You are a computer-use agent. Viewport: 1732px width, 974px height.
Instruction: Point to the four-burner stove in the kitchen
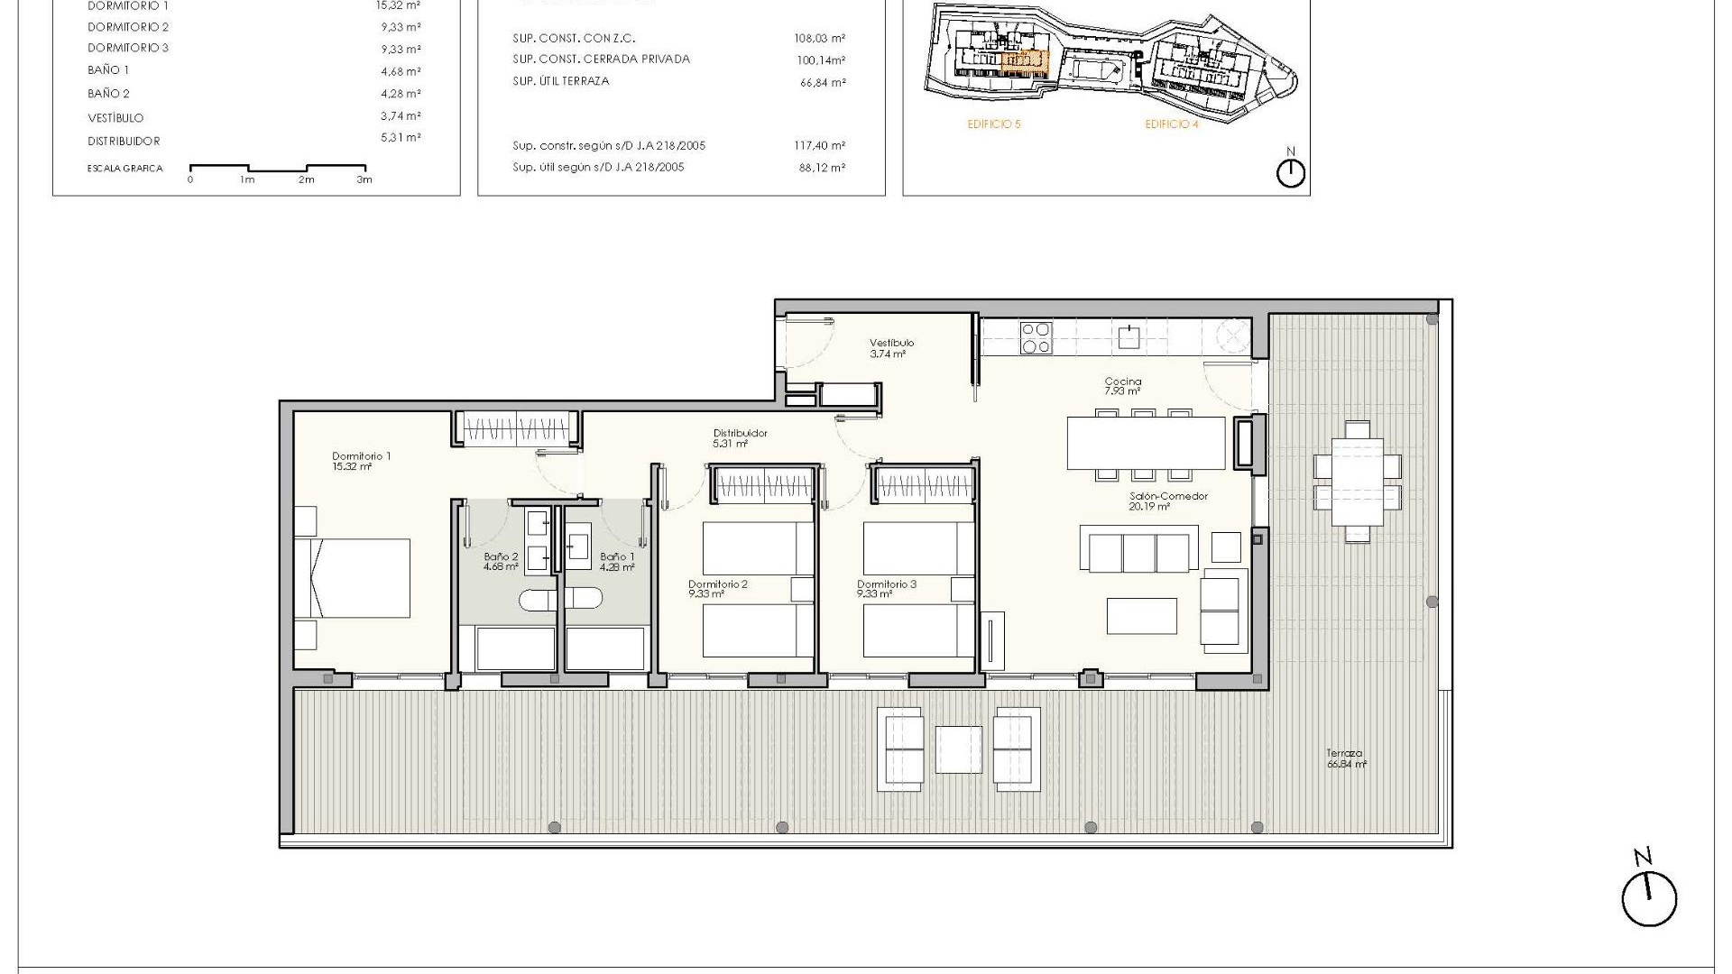click(1035, 337)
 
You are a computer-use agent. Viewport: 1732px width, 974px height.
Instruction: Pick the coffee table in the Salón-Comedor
click(1142, 616)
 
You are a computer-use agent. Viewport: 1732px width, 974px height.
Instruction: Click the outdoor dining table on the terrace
click(1357, 482)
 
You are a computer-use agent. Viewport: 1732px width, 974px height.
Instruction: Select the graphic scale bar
click(277, 169)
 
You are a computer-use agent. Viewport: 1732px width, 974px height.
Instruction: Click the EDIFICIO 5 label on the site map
click(993, 124)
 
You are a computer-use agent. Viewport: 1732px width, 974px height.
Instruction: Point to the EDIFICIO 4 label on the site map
click(1171, 124)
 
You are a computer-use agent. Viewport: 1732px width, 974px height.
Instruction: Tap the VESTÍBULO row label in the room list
click(115, 118)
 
